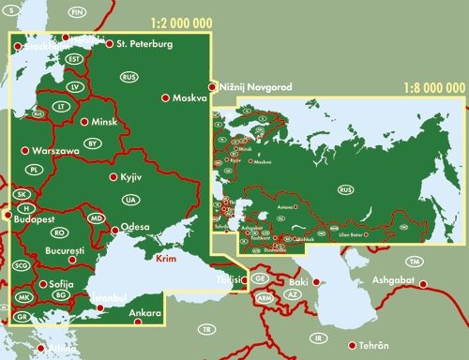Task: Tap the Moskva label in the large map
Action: click(191, 97)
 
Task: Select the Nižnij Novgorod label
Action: click(254, 86)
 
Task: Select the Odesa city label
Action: click(135, 228)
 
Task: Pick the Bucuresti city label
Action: click(64, 252)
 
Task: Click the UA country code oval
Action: click(130, 200)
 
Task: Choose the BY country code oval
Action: click(92, 143)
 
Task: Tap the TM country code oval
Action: click(414, 261)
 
